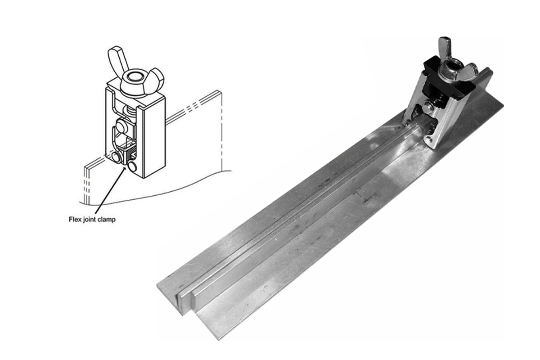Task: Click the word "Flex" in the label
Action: [75, 220]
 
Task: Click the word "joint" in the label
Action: [89, 220]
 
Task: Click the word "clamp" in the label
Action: [107, 220]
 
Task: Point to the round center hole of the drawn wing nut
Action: [135, 77]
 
